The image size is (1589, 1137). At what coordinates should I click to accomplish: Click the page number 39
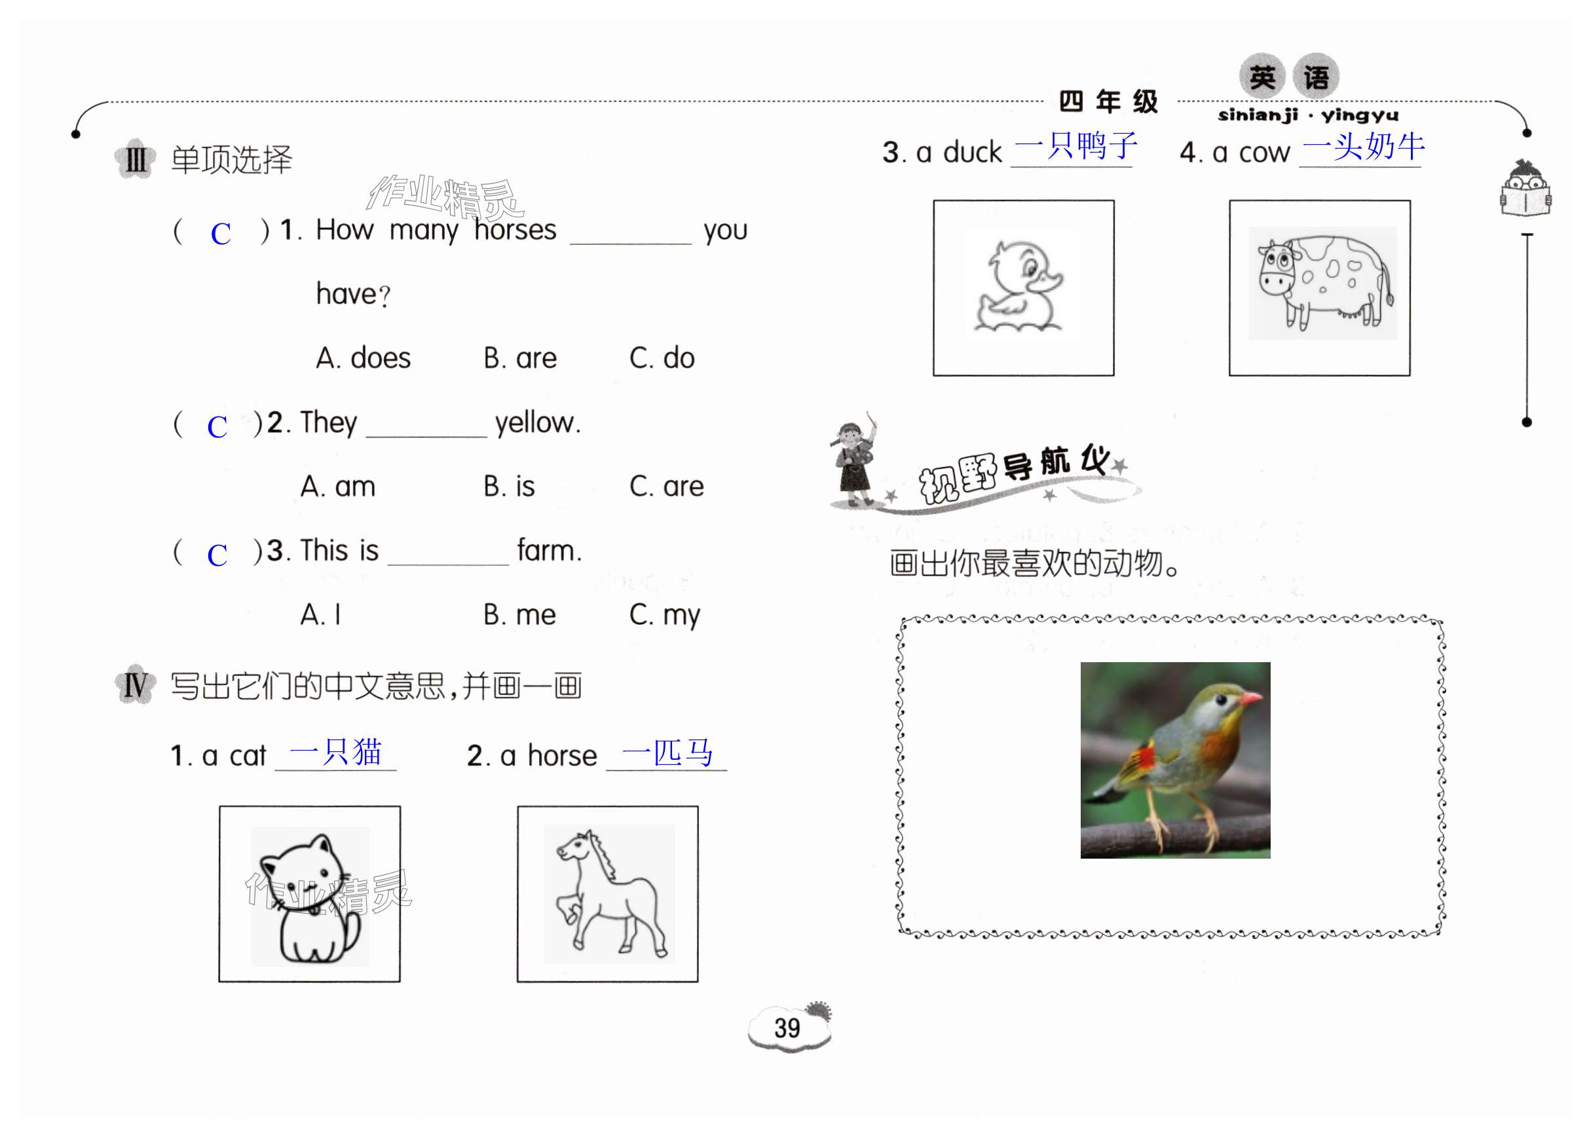(x=787, y=1027)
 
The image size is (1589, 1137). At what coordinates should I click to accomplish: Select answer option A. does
(x=363, y=358)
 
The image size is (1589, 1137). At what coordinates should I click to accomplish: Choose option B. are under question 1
(x=520, y=358)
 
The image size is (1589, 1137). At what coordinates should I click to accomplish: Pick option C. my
(x=664, y=616)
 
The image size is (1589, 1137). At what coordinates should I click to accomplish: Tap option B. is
(x=509, y=487)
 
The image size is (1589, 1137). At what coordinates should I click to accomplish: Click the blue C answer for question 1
(x=221, y=234)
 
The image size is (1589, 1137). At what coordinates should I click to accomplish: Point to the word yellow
(x=538, y=423)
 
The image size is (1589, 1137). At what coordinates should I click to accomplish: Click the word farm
(x=550, y=551)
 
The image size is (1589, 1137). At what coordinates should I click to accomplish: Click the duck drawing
(x=1022, y=287)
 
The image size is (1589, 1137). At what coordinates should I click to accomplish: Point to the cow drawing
(x=1322, y=282)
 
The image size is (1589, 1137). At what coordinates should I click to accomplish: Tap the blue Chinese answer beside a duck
(x=1074, y=146)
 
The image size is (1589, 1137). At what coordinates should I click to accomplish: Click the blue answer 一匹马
(x=667, y=753)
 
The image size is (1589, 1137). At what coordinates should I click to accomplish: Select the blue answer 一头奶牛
(x=1363, y=146)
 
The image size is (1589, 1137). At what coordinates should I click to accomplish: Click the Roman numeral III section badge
(x=135, y=160)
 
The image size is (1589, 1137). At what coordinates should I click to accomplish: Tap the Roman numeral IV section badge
(x=135, y=684)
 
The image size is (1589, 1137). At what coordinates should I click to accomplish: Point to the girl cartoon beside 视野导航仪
(x=855, y=458)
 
